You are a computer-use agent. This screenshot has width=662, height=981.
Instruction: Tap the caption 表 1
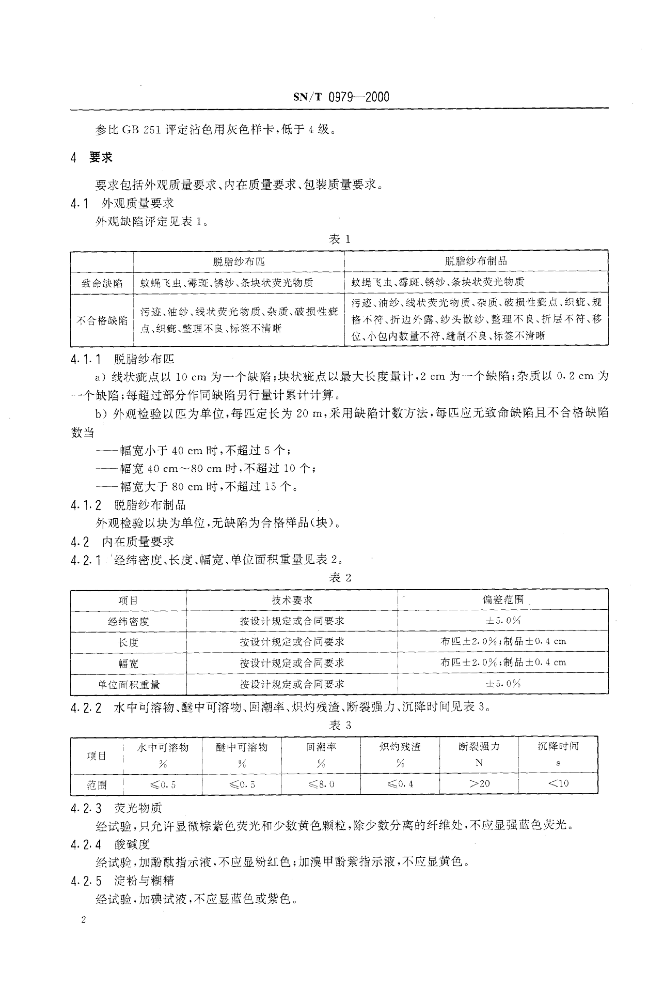[339, 239]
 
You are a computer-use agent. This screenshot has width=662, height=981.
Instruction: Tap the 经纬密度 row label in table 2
[128, 621]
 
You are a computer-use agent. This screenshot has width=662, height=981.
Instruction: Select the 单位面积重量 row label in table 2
[128, 684]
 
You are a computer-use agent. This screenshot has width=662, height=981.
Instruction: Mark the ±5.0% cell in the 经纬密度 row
[503, 621]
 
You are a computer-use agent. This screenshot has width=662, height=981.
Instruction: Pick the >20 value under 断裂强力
[479, 783]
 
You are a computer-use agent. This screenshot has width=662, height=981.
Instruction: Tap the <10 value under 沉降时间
[558, 783]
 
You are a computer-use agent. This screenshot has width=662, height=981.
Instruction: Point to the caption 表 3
[339, 725]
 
